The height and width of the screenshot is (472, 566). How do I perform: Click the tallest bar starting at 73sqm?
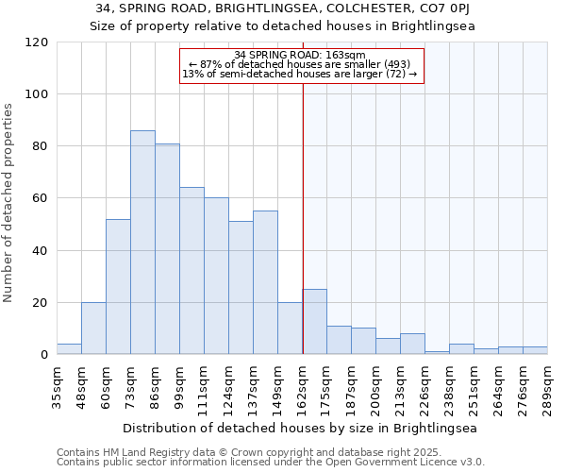[142, 243]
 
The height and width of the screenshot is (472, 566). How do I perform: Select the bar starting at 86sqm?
[167, 249]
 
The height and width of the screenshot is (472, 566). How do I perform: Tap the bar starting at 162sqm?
[314, 322]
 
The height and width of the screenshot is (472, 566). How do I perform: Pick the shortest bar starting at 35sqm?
[69, 349]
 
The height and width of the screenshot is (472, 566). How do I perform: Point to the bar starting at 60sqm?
[118, 287]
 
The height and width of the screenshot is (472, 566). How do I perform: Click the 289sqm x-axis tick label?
[547, 387]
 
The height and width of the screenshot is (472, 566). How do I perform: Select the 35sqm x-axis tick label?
[57, 387]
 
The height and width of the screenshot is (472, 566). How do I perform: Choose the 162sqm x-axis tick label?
[302, 387]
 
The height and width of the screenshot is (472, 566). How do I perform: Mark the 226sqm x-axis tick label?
[424, 387]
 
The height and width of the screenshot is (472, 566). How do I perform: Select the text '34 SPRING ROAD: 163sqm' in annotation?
[301, 55]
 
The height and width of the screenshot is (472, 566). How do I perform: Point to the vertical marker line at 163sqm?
[303, 189]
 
